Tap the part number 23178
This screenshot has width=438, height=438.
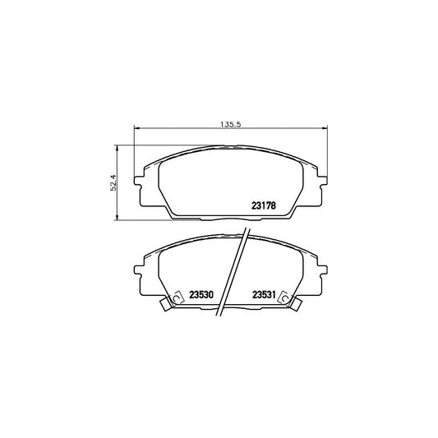[264, 205]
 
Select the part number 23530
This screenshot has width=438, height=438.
[201, 297]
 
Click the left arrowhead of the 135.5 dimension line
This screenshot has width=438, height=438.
[137, 129]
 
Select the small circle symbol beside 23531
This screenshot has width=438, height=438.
[282, 297]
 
